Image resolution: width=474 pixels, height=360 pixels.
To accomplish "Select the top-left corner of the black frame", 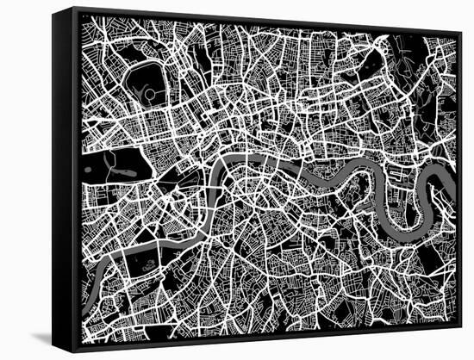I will tap(53, 9).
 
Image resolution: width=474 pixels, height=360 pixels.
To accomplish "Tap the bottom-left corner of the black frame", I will tap(54, 349).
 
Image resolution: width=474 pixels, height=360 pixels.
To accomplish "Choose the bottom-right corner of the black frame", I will tap(460, 326).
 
